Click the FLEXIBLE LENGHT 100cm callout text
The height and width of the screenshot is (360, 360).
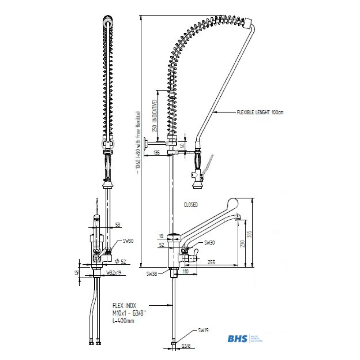260,112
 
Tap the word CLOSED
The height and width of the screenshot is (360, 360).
191,204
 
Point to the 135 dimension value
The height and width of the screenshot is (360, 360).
156,152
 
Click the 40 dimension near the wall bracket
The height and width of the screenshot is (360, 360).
182,146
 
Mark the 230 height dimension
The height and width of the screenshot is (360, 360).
242,244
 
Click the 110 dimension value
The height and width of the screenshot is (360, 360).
186,271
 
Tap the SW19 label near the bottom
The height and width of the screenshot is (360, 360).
203,330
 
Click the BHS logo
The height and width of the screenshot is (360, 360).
238,339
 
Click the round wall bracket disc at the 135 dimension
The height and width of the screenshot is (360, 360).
145,144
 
